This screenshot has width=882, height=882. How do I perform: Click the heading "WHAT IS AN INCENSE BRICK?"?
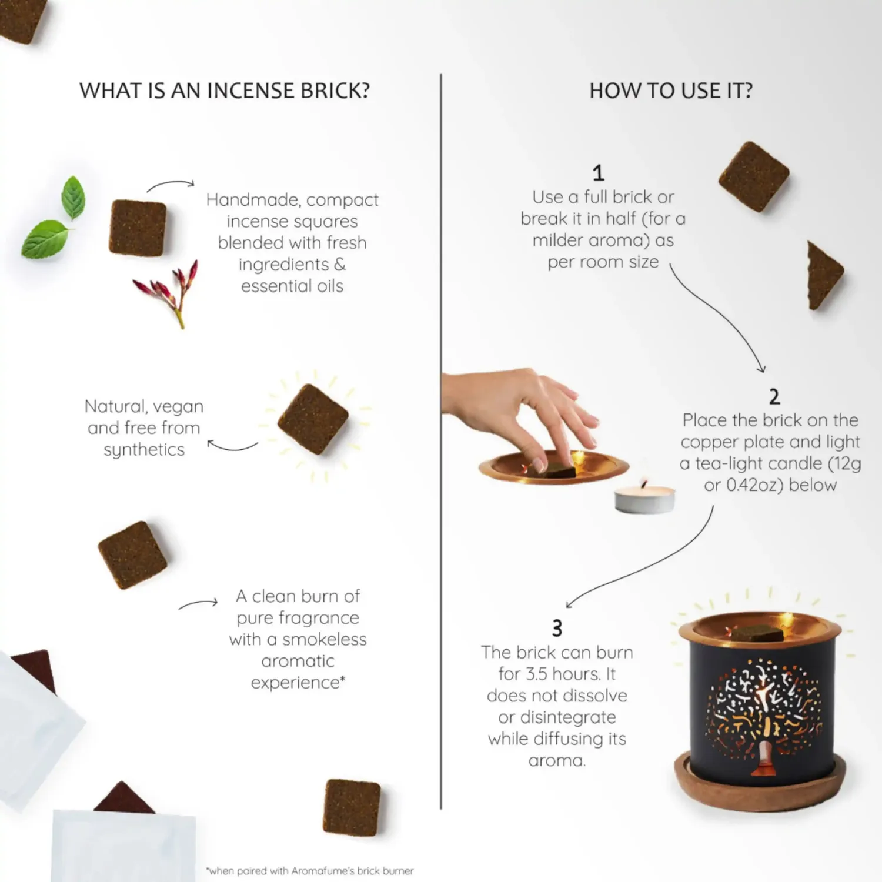[225, 91]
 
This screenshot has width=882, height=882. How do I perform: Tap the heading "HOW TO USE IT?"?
[671, 91]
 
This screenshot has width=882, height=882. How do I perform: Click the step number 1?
[599, 173]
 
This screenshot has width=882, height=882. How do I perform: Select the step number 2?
[774, 397]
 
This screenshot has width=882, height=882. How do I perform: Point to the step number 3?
[557, 629]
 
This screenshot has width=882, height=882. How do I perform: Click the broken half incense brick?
[824, 275]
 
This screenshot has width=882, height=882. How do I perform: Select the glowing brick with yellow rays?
[313, 419]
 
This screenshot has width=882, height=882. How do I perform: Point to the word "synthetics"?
[144, 450]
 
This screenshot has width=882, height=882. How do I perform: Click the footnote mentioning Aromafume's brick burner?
[310, 871]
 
